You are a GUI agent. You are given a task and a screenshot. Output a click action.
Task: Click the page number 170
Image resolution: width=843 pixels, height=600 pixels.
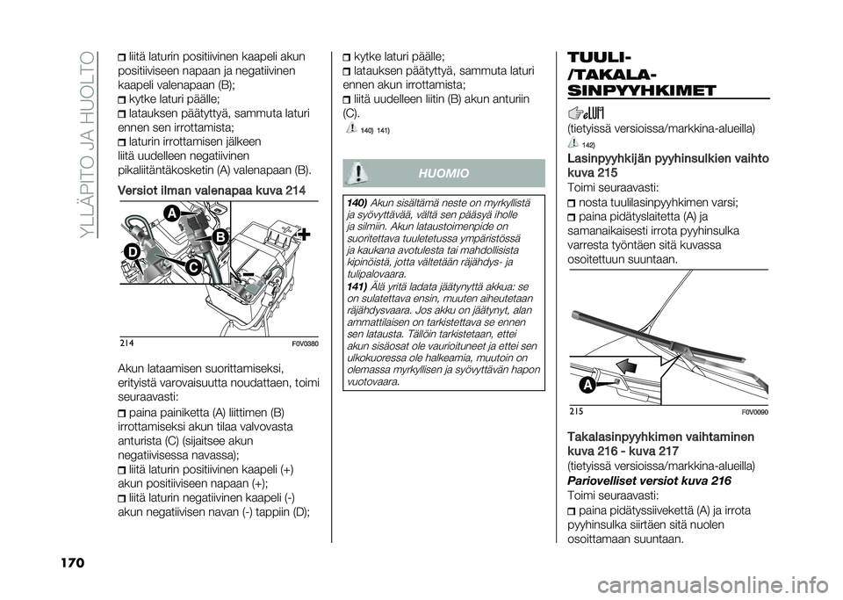click(x=70, y=563)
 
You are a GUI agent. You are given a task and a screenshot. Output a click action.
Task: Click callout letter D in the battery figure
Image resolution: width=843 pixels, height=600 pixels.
click(x=133, y=251)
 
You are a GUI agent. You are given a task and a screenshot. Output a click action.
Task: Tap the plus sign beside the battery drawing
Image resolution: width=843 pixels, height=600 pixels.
click(x=304, y=235)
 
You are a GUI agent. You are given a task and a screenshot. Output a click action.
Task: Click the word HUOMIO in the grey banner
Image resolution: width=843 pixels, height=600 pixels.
click(x=443, y=174)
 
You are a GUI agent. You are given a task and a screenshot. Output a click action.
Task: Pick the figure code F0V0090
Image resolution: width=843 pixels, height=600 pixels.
click(x=756, y=412)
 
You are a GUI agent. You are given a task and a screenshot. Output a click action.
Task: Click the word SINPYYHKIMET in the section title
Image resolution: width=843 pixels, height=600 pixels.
click(x=641, y=90)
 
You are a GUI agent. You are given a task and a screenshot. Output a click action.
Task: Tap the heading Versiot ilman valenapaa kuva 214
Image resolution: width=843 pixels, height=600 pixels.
click(x=212, y=191)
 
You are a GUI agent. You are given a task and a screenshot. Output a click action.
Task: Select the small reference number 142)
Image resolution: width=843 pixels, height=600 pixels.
click(x=588, y=145)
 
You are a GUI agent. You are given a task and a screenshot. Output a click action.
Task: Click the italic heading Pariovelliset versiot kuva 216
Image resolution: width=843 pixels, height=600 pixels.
click(x=649, y=481)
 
